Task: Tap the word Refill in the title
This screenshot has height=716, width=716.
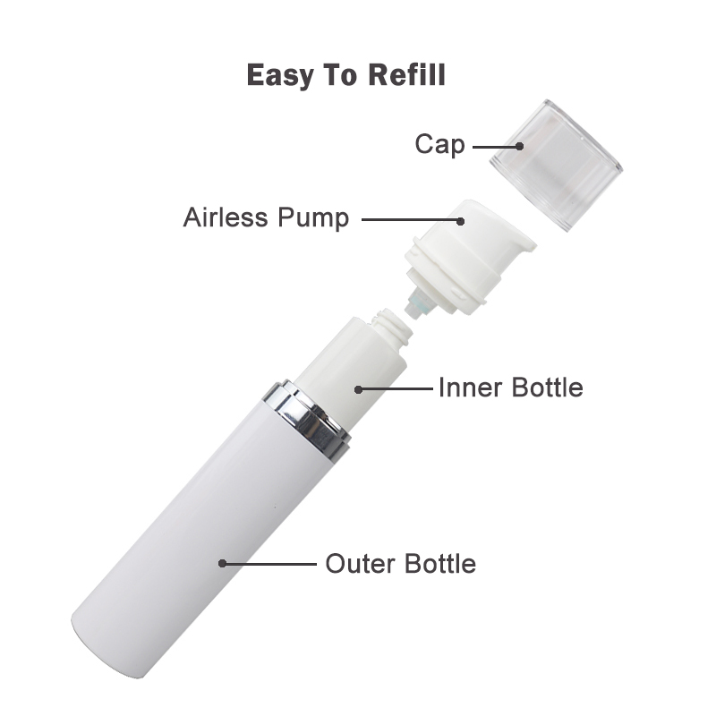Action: click(x=407, y=74)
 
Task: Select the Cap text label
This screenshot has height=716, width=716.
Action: click(x=439, y=145)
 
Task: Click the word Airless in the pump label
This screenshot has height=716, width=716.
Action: click(x=226, y=217)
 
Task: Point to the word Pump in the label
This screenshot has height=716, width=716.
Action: click(x=313, y=218)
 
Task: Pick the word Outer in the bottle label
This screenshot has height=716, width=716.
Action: click(x=361, y=564)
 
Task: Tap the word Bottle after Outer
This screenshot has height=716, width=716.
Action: click(x=440, y=563)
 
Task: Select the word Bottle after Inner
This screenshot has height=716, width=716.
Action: click(x=547, y=388)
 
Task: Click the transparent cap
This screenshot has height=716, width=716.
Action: click(x=557, y=165)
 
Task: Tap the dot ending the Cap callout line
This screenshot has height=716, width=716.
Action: click(x=519, y=147)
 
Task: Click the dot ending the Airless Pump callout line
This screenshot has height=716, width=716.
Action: click(x=461, y=221)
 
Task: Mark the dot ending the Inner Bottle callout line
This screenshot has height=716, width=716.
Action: click(x=359, y=389)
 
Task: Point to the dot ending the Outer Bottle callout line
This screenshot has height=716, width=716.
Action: click(x=222, y=564)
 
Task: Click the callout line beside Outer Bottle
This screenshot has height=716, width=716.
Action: click(x=269, y=564)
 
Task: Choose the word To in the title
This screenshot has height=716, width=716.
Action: click(x=341, y=74)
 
